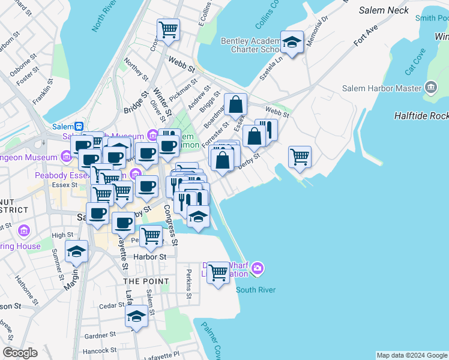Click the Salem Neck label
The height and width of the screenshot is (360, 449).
[384, 10]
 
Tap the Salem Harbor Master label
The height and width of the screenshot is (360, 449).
[382, 88]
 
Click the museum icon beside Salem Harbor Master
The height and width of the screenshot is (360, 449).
[430, 89]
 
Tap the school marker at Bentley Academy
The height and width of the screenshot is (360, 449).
[292, 43]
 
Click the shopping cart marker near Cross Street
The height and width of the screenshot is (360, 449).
[169, 28]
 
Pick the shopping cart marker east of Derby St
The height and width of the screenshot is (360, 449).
[300, 157]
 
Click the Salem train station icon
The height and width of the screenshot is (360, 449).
[78, 127]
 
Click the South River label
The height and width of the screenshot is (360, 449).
[256, 290]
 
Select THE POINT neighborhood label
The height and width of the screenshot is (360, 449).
[140, 281]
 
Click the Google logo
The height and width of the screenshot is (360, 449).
[20, 353]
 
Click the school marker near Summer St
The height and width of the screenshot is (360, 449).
[76, 252]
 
